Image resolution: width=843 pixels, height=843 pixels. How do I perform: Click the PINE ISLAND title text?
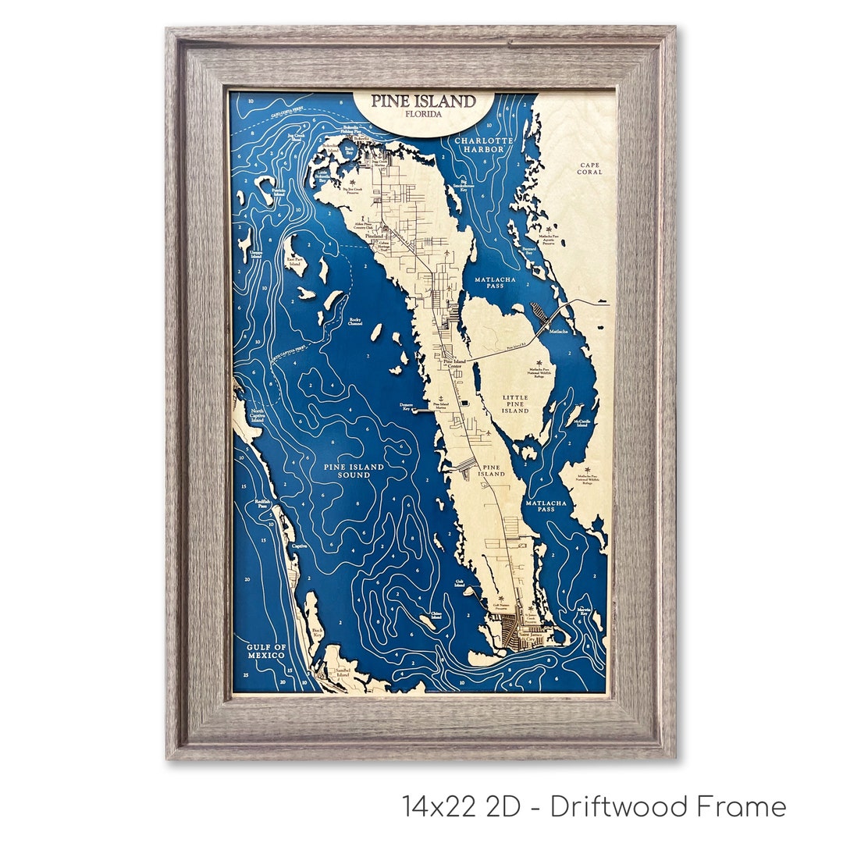click(423, 101)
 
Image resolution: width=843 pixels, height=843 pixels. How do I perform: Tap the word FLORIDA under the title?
click(423, 114)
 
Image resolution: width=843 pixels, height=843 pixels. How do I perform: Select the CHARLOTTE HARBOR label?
click(486, 144)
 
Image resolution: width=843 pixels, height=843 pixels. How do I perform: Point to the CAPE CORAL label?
click(590, 168)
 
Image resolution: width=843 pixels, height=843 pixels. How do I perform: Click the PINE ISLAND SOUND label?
click(354, 471)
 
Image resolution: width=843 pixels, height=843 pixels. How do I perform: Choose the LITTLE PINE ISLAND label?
click(515, 404)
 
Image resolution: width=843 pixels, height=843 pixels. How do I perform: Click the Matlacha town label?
click(559, 332)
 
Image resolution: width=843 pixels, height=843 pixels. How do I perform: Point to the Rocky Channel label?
click(356, 322)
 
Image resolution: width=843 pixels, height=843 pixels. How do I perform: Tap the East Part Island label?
click(295, 261)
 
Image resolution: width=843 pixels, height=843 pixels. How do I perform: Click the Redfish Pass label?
click(262, 503)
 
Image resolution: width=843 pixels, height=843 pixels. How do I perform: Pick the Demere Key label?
click(406, 407)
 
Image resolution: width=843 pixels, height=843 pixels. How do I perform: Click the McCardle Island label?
click(582, 424)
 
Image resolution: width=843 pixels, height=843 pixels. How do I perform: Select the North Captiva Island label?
click(258, 416)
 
